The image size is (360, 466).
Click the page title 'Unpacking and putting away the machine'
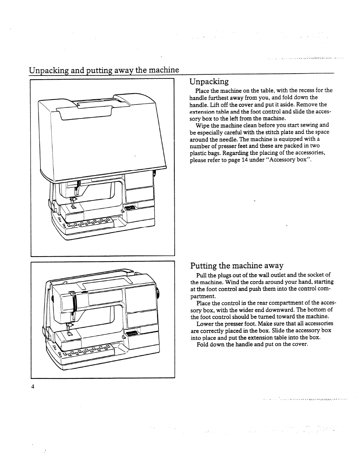point(104,70)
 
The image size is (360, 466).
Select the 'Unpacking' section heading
point(209,82)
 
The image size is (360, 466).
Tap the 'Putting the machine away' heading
point(237,265)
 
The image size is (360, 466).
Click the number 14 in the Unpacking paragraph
point(245,160)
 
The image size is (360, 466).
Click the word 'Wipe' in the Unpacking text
point(202,125)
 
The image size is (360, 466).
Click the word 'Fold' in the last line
point(203,344)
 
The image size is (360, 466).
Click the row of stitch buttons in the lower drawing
point(87,351)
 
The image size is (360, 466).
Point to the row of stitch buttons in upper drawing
point(89,223)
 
